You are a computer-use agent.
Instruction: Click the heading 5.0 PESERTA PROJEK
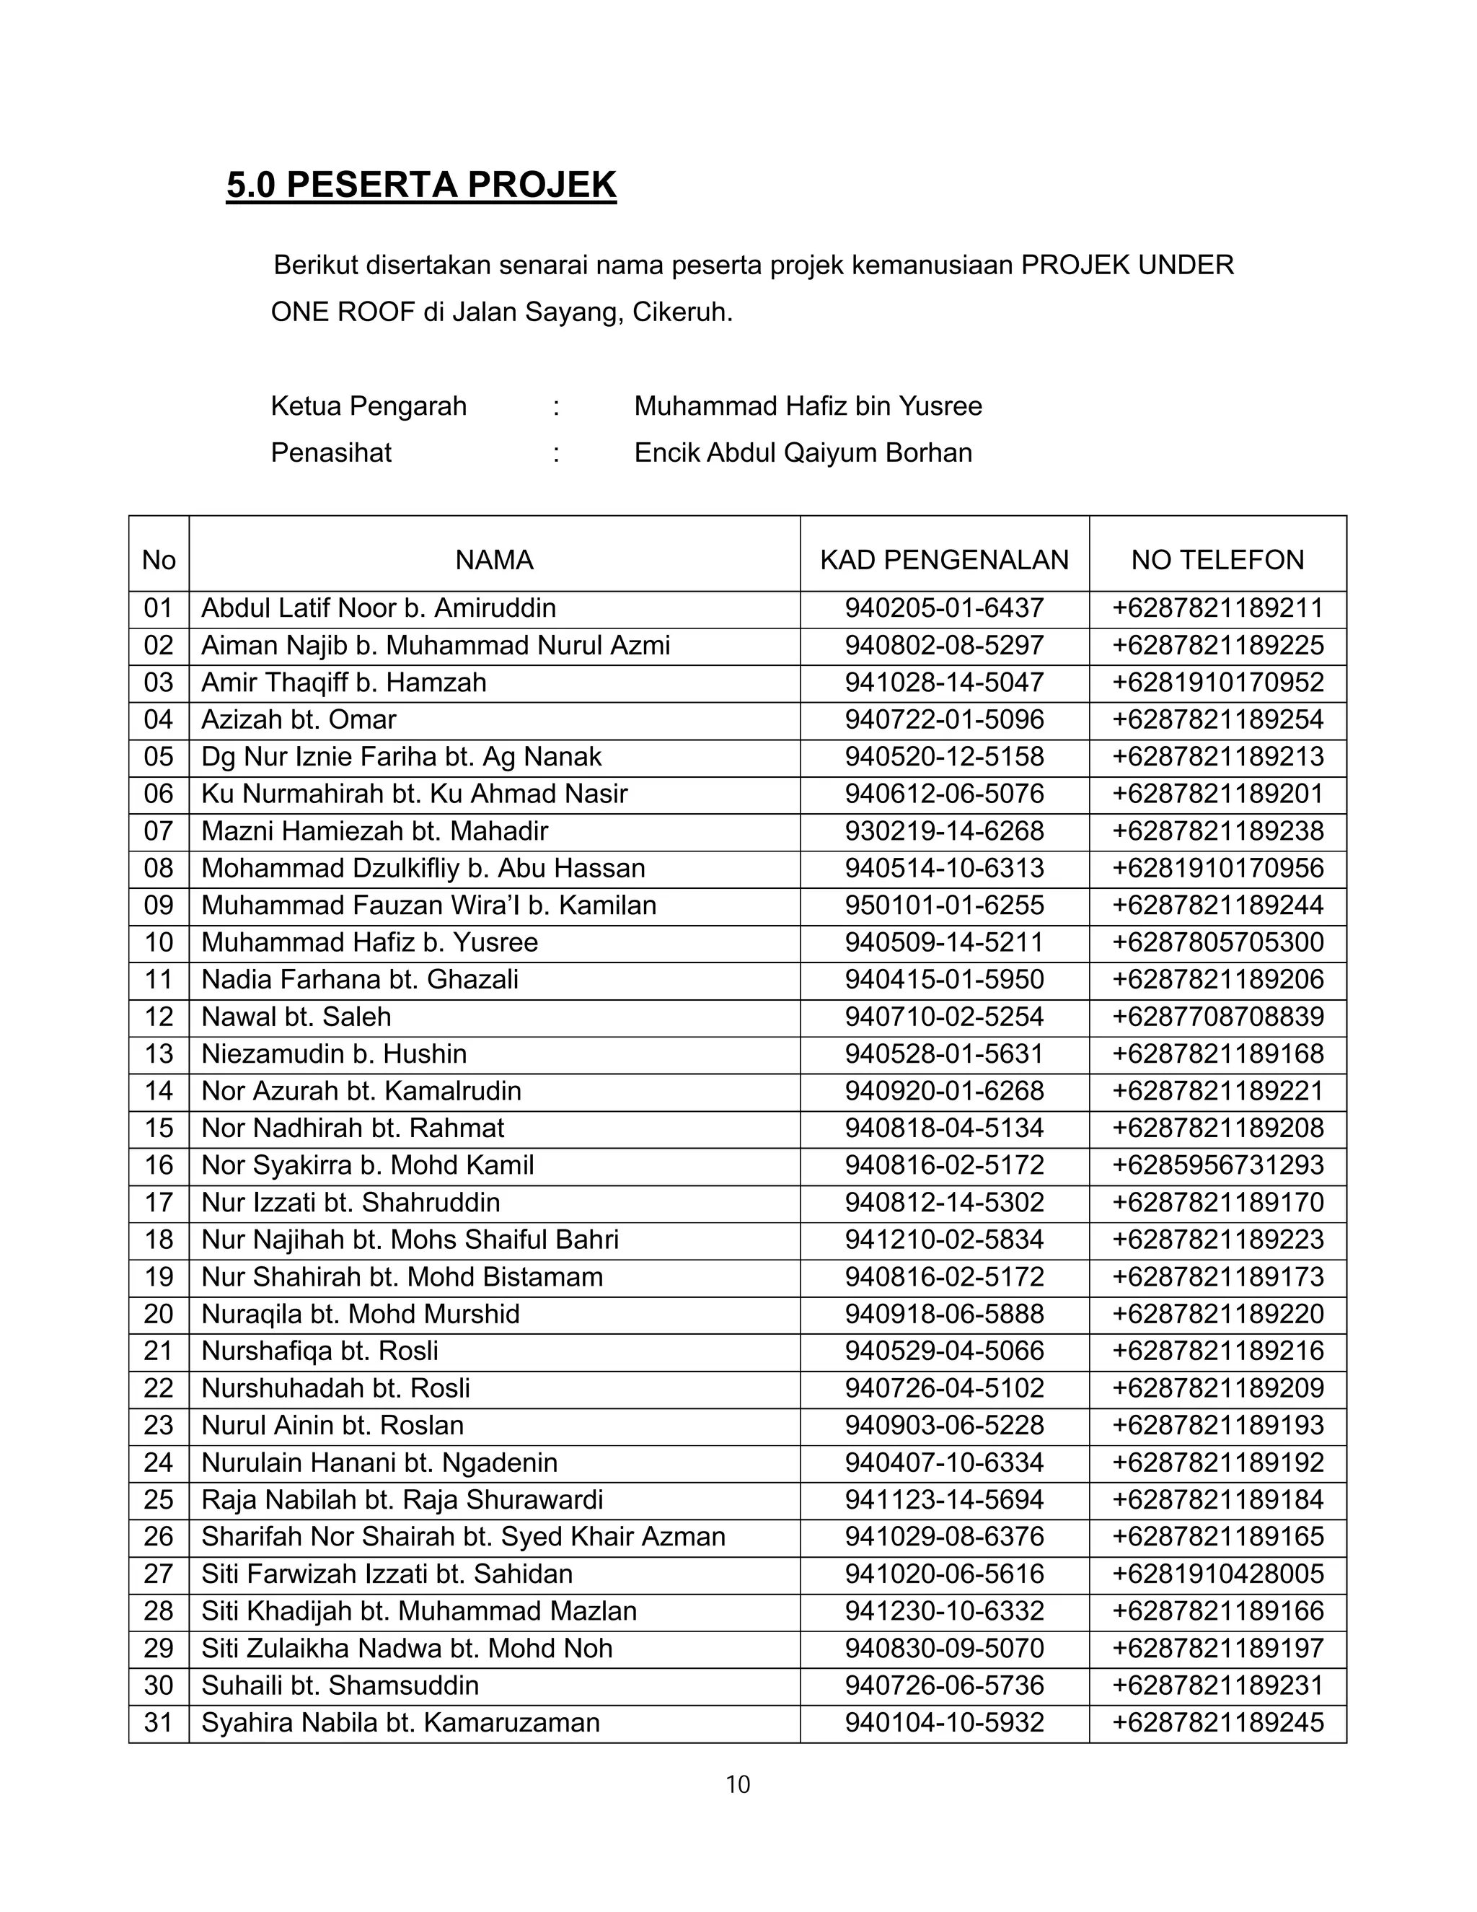pyautogui.click(x=421, y=185)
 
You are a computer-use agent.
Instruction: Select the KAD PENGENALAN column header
pyautogui.click(x=944, y=559)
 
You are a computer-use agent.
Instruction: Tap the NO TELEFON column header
pyautogui.click(x=1217, y=559)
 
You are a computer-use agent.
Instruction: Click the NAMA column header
pyautogui.click(x=494, y=559)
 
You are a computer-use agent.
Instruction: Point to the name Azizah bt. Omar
pyautogui.click(x=299, y=719)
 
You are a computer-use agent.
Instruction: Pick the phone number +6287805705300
pyautogui.click(x=1217, y=942)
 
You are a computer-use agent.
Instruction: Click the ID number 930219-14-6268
pyautogui.click(x=944, y=830)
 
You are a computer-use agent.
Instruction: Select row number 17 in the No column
pyautogui.click(x=159, y=1202)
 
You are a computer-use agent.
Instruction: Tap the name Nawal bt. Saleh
pyautogui.click(x=296, y=1017)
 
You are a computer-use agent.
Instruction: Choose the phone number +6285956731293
pyautogui.click(x=1217, y=1165)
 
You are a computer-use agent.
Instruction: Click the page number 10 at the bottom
pyautogui.click(x=738, y=1784)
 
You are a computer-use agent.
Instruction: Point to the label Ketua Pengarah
pyautogui.click(x=369, y=406)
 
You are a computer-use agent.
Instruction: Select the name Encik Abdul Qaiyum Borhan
pyautogui.click(x=803, y=452)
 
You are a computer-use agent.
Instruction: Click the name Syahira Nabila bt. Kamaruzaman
pyautogui.click(x=400, y=1723)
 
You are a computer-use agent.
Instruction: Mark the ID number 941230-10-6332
pyautogui.click(x=944, y=1611)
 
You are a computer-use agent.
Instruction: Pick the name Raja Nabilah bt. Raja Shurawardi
pyautogui.click(x=402, y=1500)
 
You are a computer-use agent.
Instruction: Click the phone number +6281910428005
pyautogui.click(x=1217, y=1574)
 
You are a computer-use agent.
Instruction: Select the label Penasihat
pyautogui.click(x=331, y=452)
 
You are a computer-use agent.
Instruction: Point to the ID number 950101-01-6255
pyautogui.click(x=944, y=905)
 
